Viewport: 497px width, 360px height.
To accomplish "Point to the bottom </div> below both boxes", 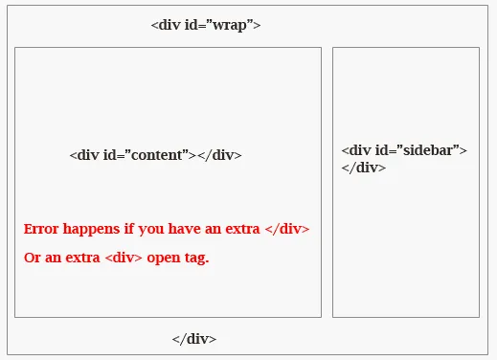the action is [194, 339].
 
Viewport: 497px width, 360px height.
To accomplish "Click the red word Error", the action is [41, 230].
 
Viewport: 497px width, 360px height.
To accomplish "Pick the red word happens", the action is [92, 230].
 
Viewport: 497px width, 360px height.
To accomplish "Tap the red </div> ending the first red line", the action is [286, 230].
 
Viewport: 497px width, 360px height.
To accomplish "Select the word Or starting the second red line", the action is [32, 259].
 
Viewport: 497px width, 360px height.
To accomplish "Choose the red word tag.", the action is [196, 259].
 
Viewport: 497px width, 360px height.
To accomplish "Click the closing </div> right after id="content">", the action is [219, 156].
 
